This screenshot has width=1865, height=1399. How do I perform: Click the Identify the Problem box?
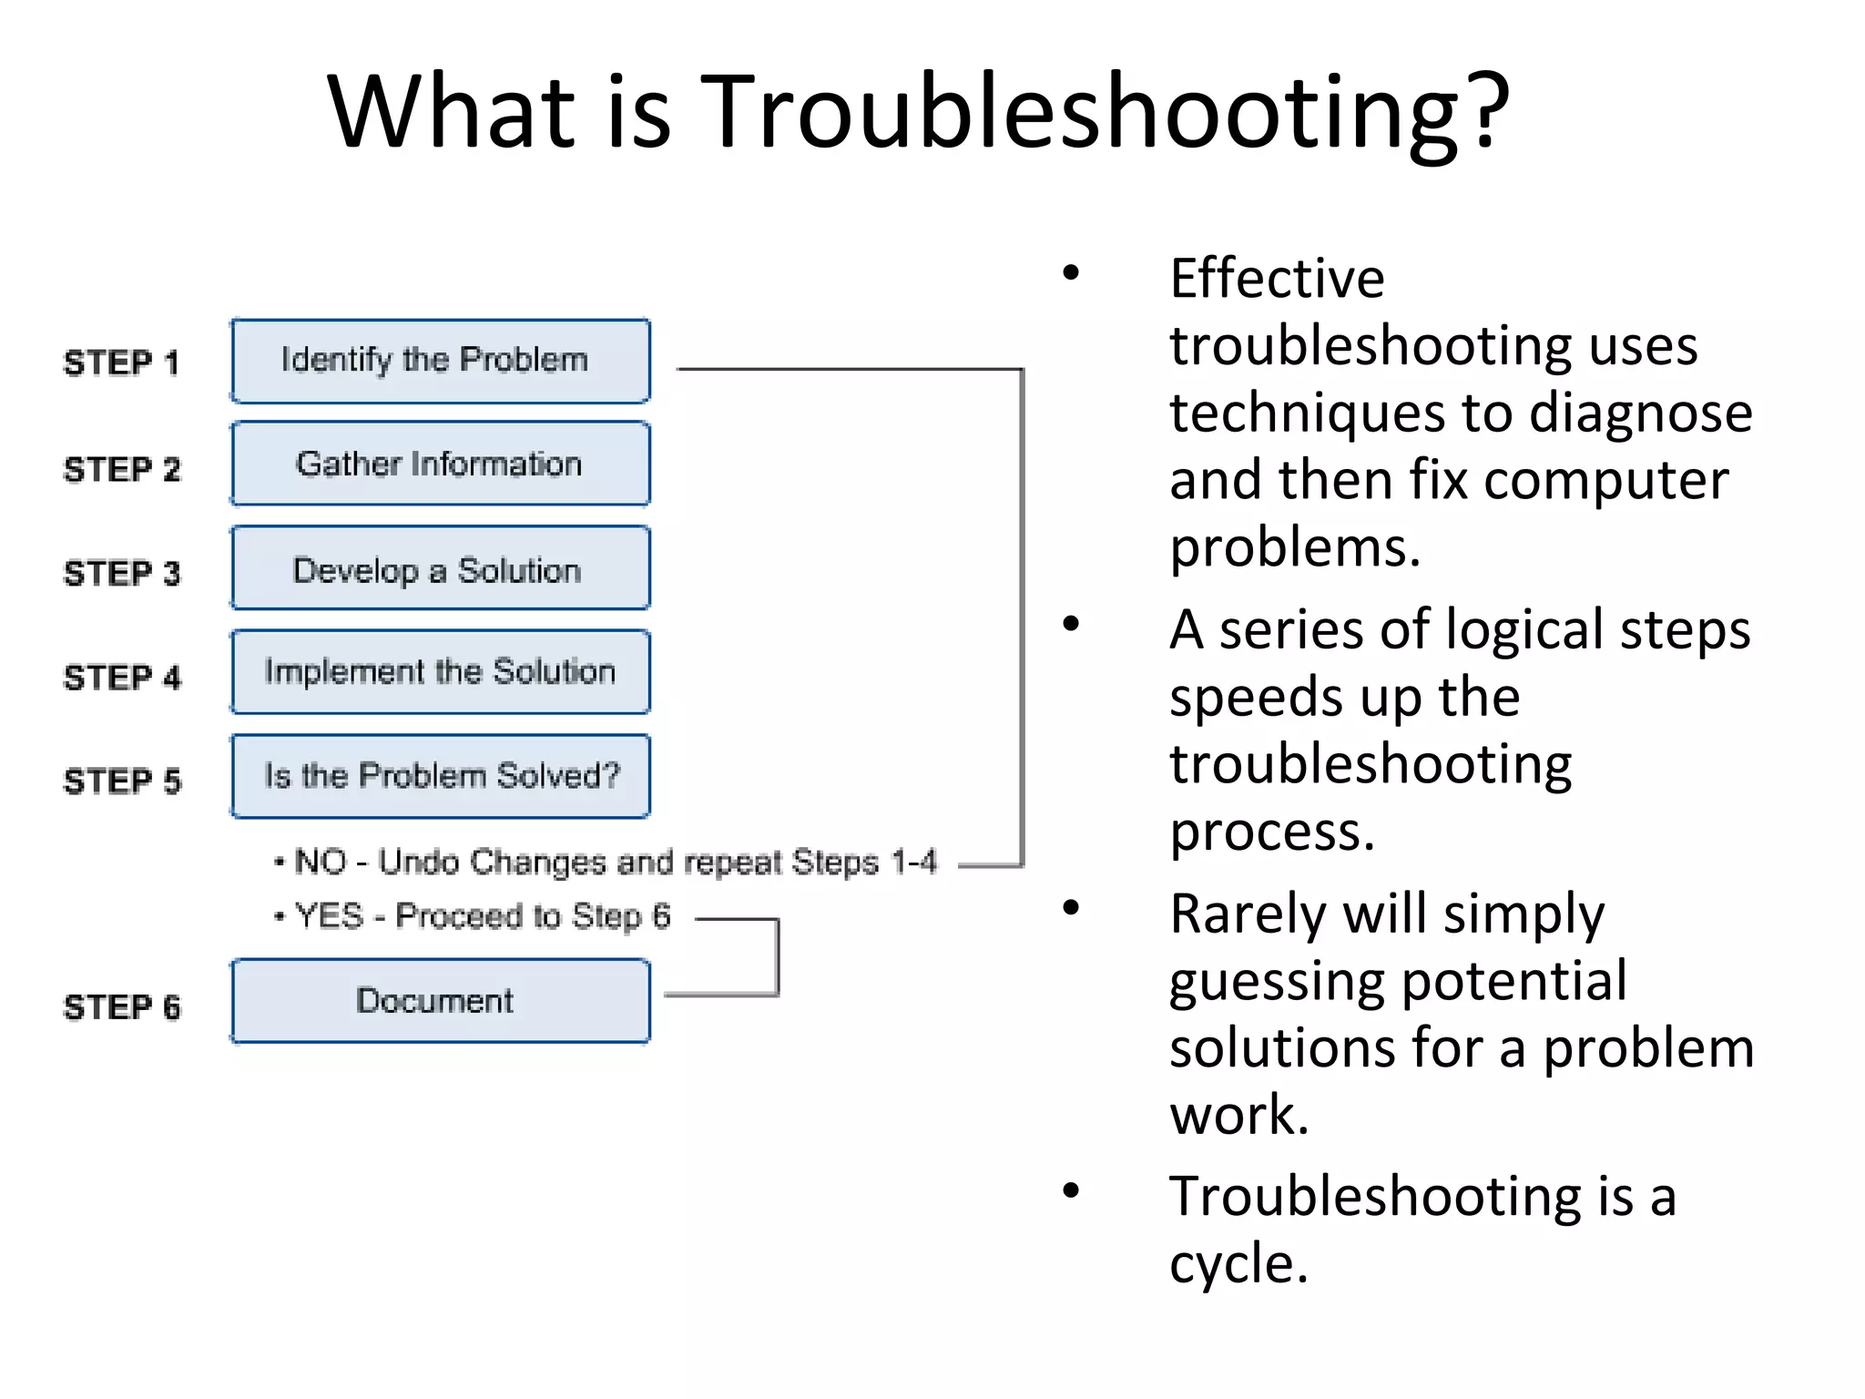tap(441, 361)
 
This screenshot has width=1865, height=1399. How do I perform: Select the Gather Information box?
tap(441, 464)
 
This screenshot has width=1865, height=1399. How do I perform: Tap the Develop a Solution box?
tap(441, 568)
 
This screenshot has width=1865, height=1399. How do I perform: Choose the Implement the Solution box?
tap(441, 672)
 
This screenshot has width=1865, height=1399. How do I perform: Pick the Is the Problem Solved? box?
tap(441, 776)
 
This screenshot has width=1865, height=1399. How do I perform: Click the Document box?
tap(441, 1000)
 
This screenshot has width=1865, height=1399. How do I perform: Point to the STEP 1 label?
tap(121, 363)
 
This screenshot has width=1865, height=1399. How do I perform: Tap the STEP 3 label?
tap(121, 573)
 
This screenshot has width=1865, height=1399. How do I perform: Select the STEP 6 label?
tap(121, 1006)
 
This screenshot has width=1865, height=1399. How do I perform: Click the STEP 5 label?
tap(121, 781)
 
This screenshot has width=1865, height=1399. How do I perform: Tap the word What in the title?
tap(453, 111)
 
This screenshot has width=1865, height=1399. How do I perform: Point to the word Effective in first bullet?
tap(1277, 278)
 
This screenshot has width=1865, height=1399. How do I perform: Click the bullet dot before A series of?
tap(1071, 624)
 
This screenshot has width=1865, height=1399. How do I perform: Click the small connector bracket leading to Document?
tap(777, 956)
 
